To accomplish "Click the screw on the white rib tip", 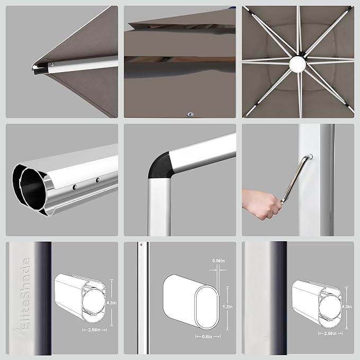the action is pos(52,65).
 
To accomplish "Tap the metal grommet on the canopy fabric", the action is pos(190,114).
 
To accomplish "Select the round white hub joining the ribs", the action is pos(298,64).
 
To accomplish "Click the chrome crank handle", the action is pos(296,178).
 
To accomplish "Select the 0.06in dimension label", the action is pos(218,261).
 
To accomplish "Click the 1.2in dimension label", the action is pos(227,306).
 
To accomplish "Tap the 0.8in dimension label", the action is pos(208,336).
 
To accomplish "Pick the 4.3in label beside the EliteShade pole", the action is pos(111,303).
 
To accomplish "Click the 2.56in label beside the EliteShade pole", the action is pos(94,330).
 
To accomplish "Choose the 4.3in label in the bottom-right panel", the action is pos(347,306).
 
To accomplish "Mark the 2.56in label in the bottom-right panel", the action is pos(330,333).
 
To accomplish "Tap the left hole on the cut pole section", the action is pos(74,187).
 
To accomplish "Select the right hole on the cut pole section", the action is pos(98,180).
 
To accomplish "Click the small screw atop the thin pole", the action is pos(141,245).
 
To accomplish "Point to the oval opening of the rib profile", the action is pos(207,307).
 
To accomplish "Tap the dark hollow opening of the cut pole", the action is pos(33,189).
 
